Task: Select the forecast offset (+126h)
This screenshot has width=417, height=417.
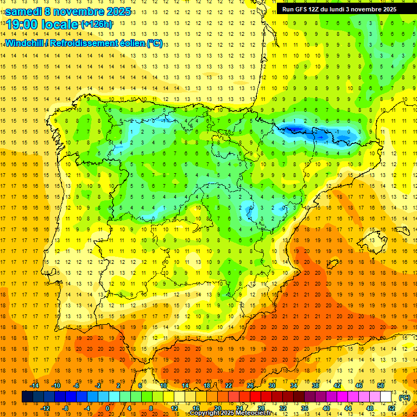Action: (x=96, y=24)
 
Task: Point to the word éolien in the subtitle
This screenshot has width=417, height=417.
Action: (x=129, y=43)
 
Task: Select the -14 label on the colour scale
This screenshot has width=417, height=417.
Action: (x=34, y=386)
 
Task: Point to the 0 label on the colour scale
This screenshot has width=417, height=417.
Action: (x=107, y=408)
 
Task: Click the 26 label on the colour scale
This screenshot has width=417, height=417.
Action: (x=250, y=386)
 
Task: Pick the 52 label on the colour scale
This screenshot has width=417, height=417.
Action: (x=391, y=408)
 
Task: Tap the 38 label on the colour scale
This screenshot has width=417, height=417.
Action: (x=315, y=386)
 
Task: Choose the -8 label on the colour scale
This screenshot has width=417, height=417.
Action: (x=65, y=408)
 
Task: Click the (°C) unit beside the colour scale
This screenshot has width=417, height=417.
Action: (x=405, y=397)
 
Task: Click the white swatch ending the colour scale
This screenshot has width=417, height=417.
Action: (x=386, y=397)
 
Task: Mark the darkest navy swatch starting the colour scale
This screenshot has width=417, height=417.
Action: (x=27, y=397)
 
